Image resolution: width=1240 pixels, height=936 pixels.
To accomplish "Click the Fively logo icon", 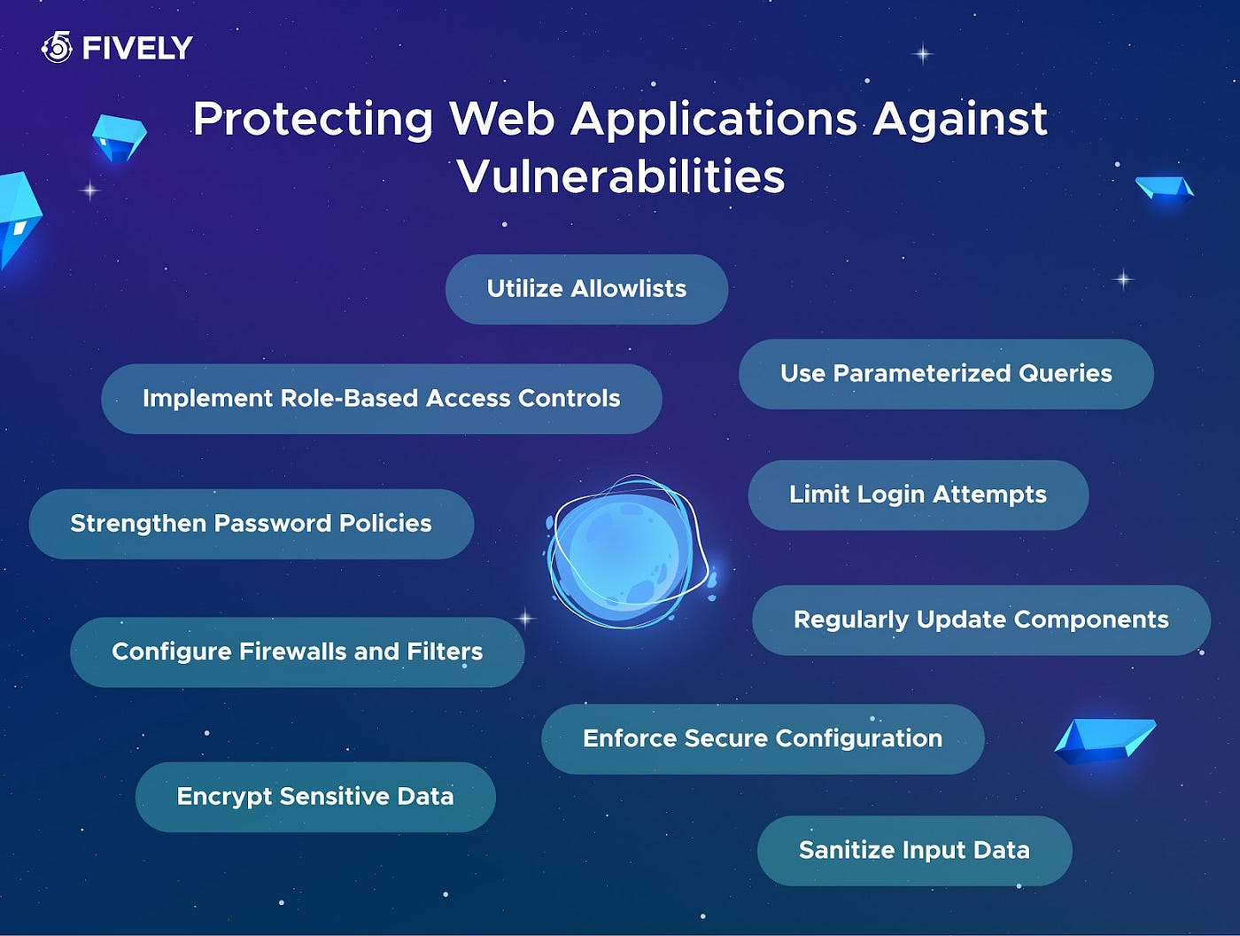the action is tap(57, 47).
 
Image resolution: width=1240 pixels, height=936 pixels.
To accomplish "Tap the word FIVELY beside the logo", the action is tap(137, 48).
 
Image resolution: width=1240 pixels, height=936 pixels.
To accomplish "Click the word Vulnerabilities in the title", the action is tap(621, 175).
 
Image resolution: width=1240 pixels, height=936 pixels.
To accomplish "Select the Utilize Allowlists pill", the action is tap(586, 289).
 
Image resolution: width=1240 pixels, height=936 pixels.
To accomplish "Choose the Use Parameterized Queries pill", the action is tap(946, 374).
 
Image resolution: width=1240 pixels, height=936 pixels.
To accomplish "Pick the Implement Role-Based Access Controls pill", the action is tap(382, 399).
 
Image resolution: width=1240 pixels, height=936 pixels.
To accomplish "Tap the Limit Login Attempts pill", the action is tap(918, 495).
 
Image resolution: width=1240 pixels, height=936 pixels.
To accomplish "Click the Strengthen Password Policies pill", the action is tap(252, 524).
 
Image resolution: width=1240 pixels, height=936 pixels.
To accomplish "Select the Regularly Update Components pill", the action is tap(981, 620).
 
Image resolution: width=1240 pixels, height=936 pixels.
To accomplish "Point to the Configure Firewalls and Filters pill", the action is tap(297, 652).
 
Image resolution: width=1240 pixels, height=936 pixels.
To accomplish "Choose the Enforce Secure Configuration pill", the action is tap(763, 738).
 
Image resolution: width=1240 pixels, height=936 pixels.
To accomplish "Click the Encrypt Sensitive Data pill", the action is tap(315, 797).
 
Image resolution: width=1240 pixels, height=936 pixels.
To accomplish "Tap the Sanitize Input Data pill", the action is tap(915, 851).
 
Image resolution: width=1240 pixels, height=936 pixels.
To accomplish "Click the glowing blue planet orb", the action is tap(627, 552).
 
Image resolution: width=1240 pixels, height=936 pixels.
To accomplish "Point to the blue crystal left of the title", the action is tap(120, 138).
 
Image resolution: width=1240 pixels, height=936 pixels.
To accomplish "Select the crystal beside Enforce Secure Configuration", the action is tap(1104, 741).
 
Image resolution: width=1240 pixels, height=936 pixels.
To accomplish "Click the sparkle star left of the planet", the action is tap(525, 619).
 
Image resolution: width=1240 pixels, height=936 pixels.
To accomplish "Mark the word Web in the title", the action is tap(501, 119).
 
